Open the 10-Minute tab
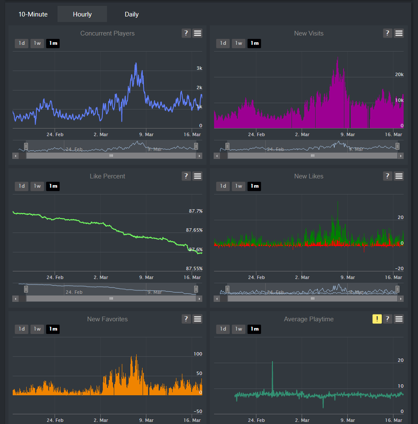pos(33,14)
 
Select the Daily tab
pos(132,14)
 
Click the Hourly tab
pos(82,14)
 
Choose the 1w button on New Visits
pos(239,43)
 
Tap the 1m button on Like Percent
pos(53,186)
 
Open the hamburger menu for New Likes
pos(399,176)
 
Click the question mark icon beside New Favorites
pos(186,319)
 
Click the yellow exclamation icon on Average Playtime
pos(377,319)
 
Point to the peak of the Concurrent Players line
pos(136,63)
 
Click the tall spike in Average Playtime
pos(272,362)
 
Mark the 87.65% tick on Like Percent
pos(194,230)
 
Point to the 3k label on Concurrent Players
pos(199,68)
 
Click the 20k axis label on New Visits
pos(399,74)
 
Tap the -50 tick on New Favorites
pos(198,411)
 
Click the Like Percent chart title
pos(107,176)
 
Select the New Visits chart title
pos(309,33)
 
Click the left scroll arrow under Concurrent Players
pos(16,156)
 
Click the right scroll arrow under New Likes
pos(400,298)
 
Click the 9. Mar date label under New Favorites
pos(146,420)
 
